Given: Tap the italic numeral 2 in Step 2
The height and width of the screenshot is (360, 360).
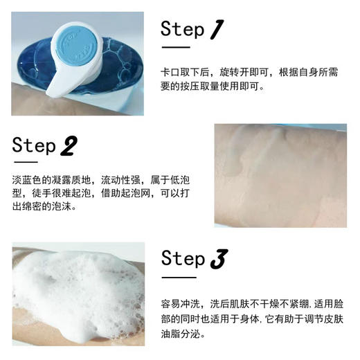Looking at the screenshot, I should (x=69, y=146).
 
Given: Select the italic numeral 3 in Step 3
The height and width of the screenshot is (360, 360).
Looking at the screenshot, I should (x=217, y=259).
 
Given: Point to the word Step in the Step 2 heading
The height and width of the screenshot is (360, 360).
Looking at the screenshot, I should (x=34, y=146).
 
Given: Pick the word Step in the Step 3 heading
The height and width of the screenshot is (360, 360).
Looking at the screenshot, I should (x=183, y=259).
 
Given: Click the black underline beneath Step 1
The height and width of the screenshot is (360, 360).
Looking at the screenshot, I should (x=175, y=48).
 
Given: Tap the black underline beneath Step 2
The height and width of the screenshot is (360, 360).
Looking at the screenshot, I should (x=26, y=164).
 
